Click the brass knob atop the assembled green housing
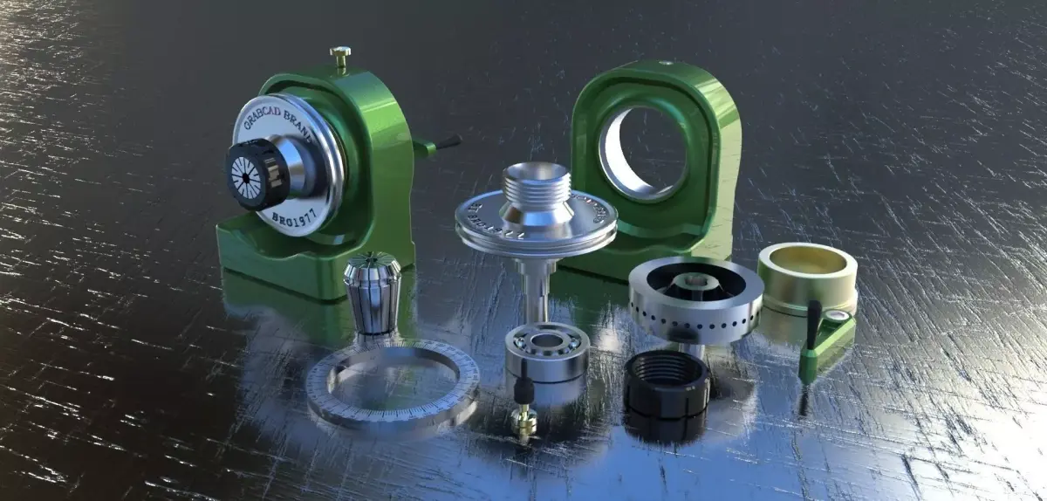tap(339, 58)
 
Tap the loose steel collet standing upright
tap(372, 294)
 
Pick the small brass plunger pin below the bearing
tap(524, 418)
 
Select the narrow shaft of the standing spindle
tap(534, 284)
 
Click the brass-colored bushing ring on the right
tap(806, 271)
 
